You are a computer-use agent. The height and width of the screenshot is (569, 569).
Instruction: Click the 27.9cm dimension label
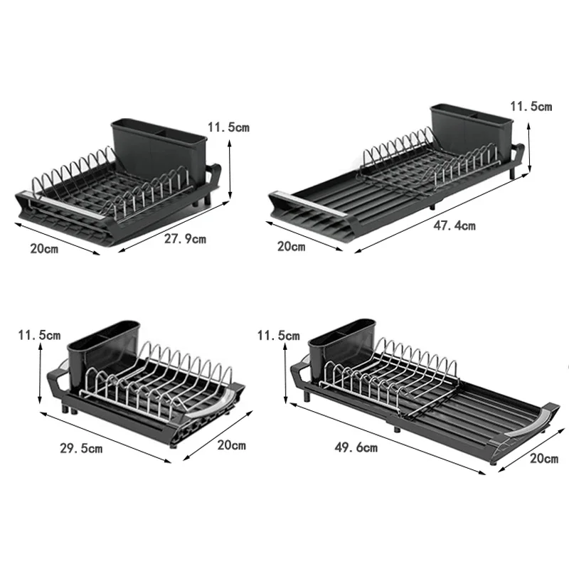pyautogui.click(x=185, y=239)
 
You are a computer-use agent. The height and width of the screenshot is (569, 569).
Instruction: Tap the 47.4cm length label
pyautogui.click(x=454, y=226)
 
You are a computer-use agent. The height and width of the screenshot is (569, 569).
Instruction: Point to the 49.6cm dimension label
pyautogui.click(x=356, y=447)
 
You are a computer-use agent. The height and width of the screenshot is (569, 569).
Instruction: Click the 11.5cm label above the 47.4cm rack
pyautogui.click(x=530, y=107)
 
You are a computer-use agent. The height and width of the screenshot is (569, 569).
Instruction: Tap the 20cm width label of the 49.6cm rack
pyautogui.click(x=544, y=459)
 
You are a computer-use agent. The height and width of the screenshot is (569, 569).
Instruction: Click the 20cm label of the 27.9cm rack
pyautogui.click(x=44, y=250)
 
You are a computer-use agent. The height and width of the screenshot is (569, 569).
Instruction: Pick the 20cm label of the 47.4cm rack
pyautogui.click(x=291, y=247)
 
